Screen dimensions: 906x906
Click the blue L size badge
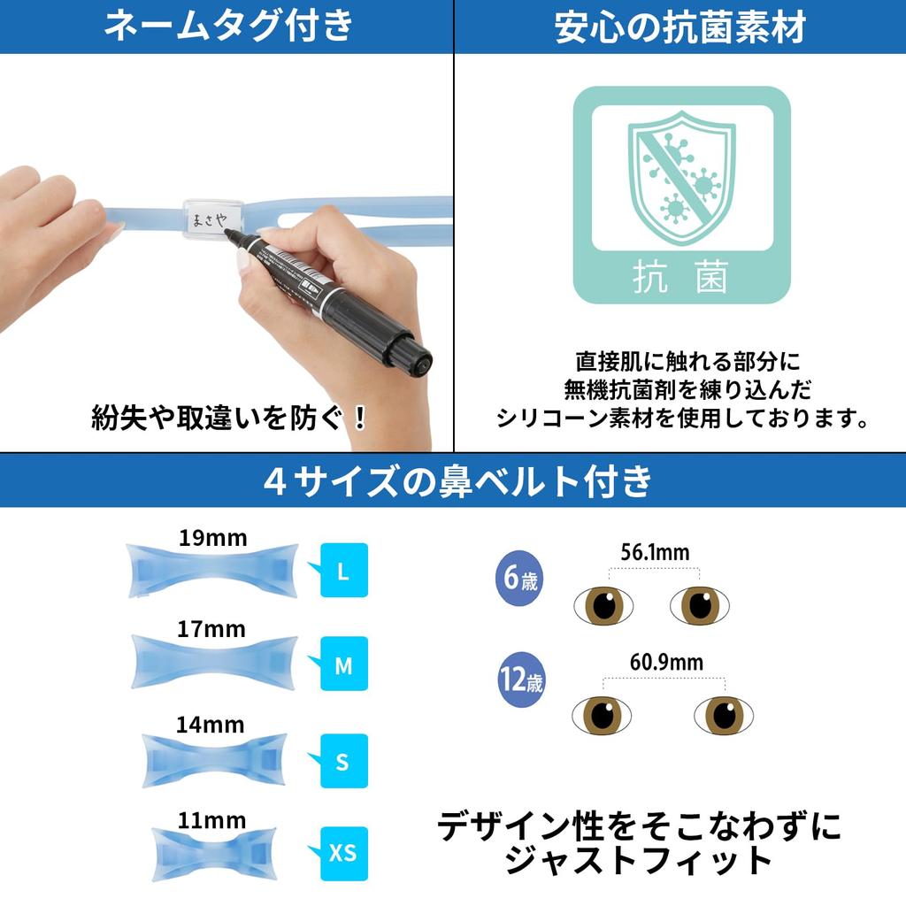[x=343, y=572]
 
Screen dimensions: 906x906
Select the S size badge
[x=343, y=761]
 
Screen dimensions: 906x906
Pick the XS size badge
[x=342, y=852]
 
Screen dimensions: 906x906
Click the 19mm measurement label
[x=213, y=537]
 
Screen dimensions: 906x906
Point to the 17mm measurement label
[x=211, y=629]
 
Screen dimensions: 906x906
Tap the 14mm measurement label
[x=210, y=725]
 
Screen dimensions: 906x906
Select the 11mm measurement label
[x=211, y=820]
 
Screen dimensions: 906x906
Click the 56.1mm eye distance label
[x=655, y=553]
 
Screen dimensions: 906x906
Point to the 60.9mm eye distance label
[x=666, y=662]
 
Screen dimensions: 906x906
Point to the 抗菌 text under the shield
[x=681, y=277]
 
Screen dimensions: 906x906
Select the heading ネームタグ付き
[x=227, y=27]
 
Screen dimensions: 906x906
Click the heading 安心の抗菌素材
[x=679, y=27]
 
